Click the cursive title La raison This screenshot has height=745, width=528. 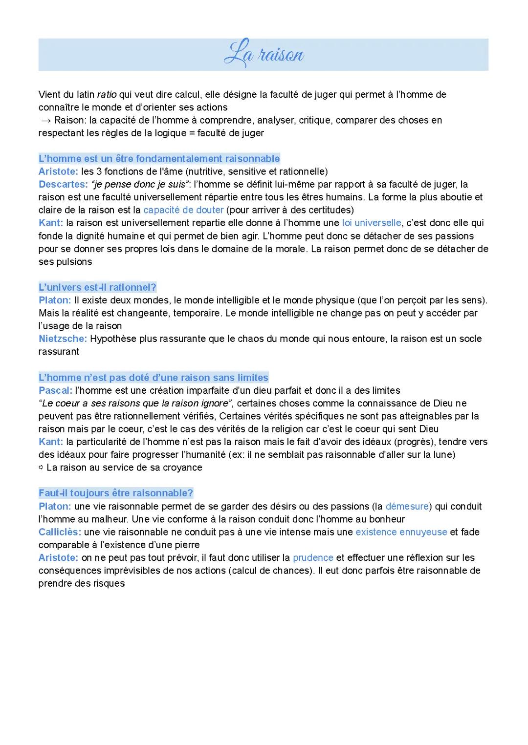click(264, 54)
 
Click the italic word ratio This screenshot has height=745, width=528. click(107, 94)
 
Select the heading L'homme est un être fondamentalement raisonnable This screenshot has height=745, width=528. click(159, 158)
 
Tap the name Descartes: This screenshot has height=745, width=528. click(63, 184)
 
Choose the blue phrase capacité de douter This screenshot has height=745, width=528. click(183, 210)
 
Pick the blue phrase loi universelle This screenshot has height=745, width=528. click(372, 223)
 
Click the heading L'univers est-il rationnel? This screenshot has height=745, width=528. click(97, 287)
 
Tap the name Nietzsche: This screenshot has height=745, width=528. click(63, 339)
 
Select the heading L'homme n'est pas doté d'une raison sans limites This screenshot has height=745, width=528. click(153, 378)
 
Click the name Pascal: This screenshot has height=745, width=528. click(55, 390)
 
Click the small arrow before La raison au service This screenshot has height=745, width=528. click(41, 468)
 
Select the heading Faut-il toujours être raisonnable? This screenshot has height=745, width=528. click(116, 493)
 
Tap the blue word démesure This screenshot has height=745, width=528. click(407, 506)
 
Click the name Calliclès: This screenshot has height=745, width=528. click(60, 532)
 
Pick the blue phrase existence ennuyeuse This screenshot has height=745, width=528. click(401, 532)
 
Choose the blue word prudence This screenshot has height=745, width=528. click(313, 557)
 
